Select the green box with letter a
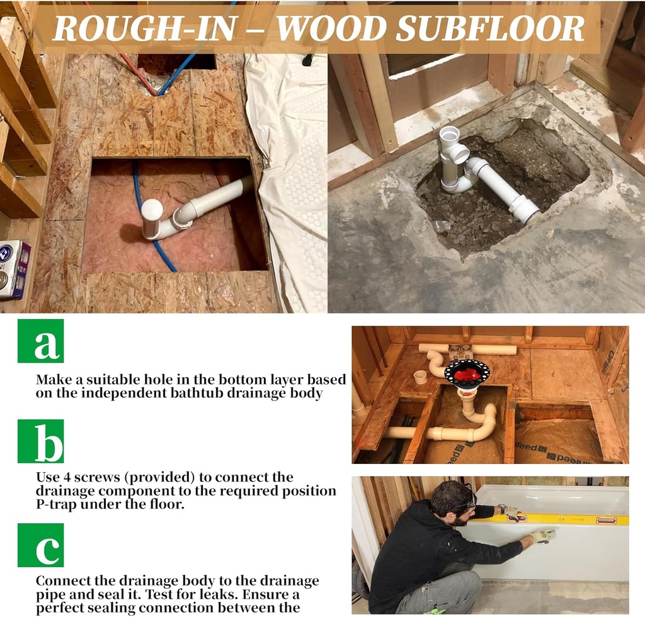point(40,341)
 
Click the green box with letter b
point(40,441)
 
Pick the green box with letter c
point(40,545)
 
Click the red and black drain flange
point(467,373)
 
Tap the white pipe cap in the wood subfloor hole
point(152,210)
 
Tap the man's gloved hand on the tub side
point(542,536)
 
